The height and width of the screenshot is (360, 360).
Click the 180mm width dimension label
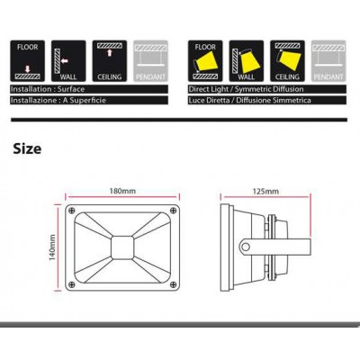click(122, 191)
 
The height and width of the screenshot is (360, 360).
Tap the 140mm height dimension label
click(52, 247)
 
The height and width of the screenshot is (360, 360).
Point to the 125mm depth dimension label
click(265, 191)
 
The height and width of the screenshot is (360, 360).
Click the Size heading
click(27, 148)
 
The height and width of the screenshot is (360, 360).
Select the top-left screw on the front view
click(71, 211)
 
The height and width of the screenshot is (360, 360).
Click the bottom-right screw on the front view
click(173, 284)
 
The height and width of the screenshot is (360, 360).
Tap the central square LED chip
click(122, 247)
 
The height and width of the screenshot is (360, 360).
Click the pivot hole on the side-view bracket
click(246, 247)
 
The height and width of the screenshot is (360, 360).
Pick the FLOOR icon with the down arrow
click(27, 61)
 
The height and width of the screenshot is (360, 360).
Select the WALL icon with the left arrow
click(68, 61)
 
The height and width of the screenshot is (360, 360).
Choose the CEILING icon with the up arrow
click(110, 61)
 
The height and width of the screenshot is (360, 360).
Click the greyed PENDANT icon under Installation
click(150, 61)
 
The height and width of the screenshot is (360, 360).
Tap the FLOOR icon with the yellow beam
click(205, 61)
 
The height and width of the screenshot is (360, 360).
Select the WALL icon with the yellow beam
click(247, 61)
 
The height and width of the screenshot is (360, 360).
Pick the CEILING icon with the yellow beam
click(287, 61)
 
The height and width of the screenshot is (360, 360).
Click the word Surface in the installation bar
click(71, 89)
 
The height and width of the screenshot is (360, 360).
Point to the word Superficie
click(88, 100)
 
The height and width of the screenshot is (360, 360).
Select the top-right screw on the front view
click(173, 211)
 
